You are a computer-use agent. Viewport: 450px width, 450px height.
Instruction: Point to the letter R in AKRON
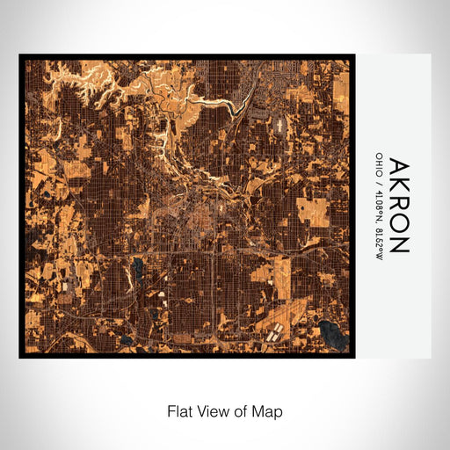(399, 203)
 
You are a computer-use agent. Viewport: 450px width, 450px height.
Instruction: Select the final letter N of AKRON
(399, 243)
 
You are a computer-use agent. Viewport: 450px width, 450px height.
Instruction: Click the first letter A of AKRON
(399, 167)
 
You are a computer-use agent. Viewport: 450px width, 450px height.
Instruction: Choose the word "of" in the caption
(242, 410)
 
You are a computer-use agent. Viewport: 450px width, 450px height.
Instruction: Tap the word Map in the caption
(267, 410)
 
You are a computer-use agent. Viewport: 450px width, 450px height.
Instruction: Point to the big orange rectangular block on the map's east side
(311, 212)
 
